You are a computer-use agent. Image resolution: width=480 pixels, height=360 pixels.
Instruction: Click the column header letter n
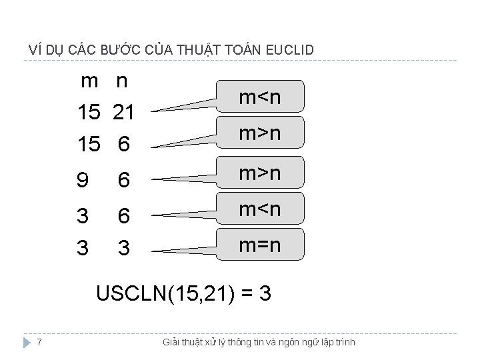121,81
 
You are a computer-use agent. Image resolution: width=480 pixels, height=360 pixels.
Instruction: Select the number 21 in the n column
123,113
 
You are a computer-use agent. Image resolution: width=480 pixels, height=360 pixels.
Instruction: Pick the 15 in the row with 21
89,113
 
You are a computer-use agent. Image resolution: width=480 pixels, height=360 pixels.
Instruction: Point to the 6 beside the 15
123,143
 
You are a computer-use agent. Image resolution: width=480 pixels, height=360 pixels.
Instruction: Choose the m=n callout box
260,246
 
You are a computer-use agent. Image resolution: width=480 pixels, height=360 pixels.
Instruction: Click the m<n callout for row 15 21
260,98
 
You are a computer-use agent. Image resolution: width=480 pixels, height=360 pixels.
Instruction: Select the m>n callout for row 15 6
260,134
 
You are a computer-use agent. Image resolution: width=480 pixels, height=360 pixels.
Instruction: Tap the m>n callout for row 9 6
260,173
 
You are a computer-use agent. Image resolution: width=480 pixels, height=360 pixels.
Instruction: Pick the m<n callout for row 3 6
260,210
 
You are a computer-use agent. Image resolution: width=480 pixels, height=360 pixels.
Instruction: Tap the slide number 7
41,342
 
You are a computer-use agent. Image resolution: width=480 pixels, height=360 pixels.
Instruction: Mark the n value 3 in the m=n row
123,248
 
